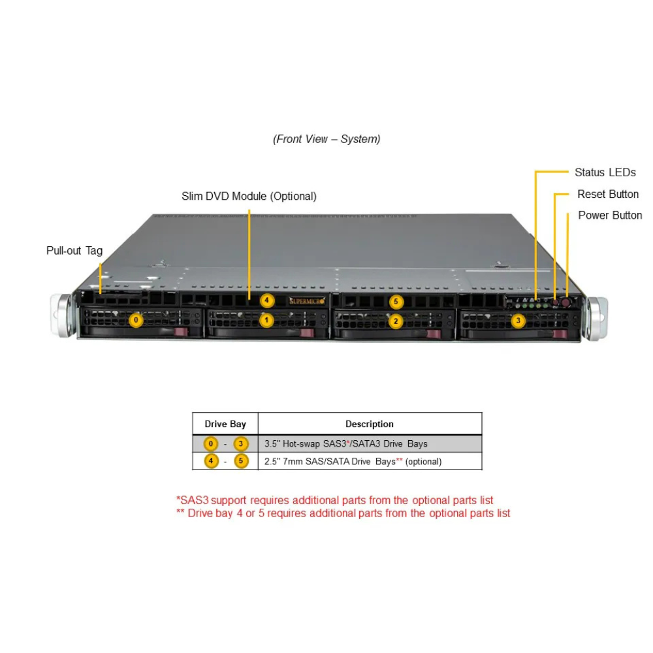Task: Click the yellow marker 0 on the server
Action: pos(135,321)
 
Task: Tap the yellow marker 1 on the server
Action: pos(266,321)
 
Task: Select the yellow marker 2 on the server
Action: pos(395,321)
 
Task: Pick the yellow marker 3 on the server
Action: pos(518,321)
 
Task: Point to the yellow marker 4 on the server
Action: pos(266,301)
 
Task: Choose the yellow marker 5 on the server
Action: pos(395,302)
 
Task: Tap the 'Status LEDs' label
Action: pos(605,172)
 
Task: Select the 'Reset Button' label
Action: pos(607,194)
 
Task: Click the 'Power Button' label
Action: pos(609,215)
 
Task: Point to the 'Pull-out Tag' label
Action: pos(74,251)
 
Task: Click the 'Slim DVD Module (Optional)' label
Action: pos(249,196)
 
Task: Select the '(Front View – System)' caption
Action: pos(326,139)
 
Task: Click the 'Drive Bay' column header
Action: pos(225,424)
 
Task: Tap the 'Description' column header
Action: pos(370,424)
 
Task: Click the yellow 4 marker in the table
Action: pos(211,462)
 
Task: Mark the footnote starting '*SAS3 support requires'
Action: pos(334,500)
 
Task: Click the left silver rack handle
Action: pos(63,317)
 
